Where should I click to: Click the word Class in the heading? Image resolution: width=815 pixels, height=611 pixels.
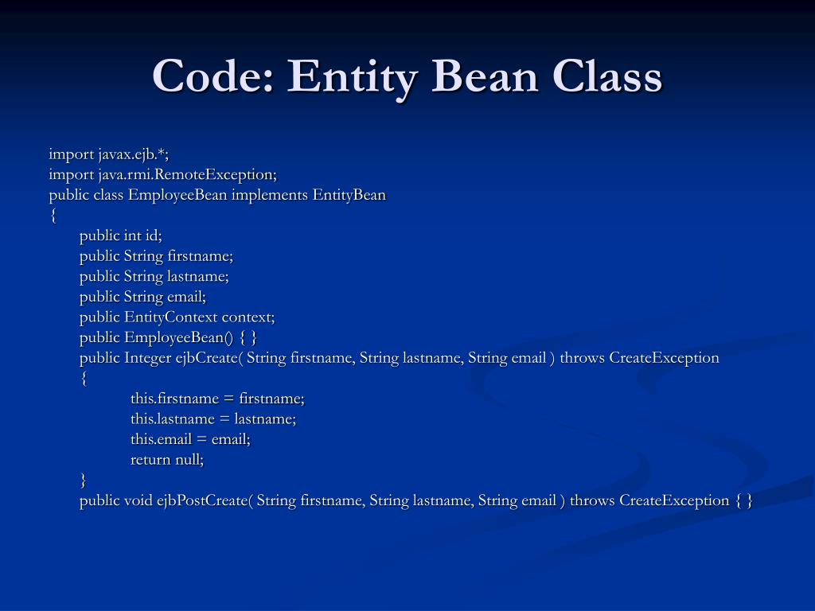[609, 77]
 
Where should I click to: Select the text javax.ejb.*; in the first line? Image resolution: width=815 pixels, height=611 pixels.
[134, 154]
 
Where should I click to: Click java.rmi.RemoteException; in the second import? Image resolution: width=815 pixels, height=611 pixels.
[188, 174]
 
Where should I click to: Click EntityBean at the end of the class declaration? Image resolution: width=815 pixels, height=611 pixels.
[349, 195]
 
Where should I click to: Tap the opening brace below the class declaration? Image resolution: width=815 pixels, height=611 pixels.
[53, 216]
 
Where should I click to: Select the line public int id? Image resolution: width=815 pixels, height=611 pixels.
[120, 235]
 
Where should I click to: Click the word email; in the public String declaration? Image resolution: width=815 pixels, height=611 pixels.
[186, 297]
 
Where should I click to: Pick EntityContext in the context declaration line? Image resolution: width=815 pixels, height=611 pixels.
[170, 317]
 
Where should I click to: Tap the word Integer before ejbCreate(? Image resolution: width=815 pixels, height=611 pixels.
[148, 357]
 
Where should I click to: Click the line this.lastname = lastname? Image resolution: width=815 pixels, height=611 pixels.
[213, 418]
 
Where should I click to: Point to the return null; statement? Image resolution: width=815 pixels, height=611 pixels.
[167, 459]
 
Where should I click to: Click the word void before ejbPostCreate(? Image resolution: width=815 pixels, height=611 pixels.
[138, 500]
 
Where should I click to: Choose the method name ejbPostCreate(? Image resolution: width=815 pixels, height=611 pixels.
[205, 500]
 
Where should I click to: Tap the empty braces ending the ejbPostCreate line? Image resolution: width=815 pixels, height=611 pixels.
[744, 500]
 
